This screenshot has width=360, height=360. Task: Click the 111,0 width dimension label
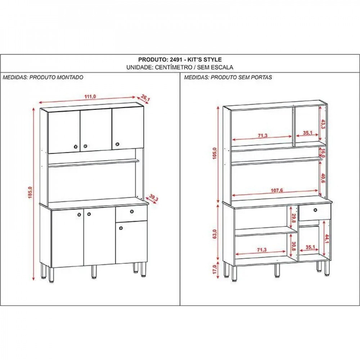[90, 96]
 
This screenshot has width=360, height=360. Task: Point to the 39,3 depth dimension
[153, 198]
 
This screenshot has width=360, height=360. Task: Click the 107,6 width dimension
[276, 190]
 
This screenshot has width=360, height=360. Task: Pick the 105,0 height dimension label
[215, 153]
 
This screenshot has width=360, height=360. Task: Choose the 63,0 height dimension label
[215, 234]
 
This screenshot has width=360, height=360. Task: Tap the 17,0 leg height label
[215, 269]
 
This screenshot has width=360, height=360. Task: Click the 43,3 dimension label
[323, 124]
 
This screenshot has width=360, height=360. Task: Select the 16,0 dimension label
[323, 153]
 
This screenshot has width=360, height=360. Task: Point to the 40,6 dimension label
[323, 178]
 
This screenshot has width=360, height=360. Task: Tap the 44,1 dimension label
[327, 239]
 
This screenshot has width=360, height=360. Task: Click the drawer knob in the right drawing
[315, 210]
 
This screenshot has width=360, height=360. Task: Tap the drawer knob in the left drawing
[132, 211]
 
